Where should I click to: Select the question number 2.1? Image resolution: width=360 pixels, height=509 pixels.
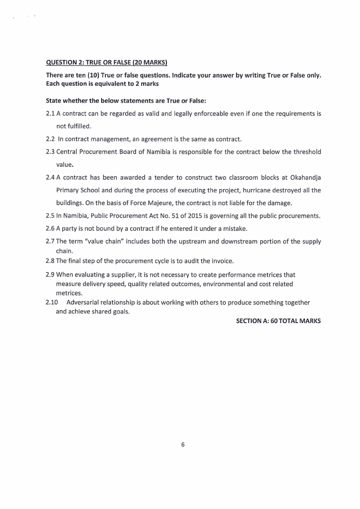[x=50, y=114]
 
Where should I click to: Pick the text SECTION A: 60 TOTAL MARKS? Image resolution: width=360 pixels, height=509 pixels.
[x=278, y=321]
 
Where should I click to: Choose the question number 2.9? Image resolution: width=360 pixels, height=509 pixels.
[x=50, y=274]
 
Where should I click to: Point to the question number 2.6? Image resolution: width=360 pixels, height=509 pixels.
[x=50, y=229]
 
